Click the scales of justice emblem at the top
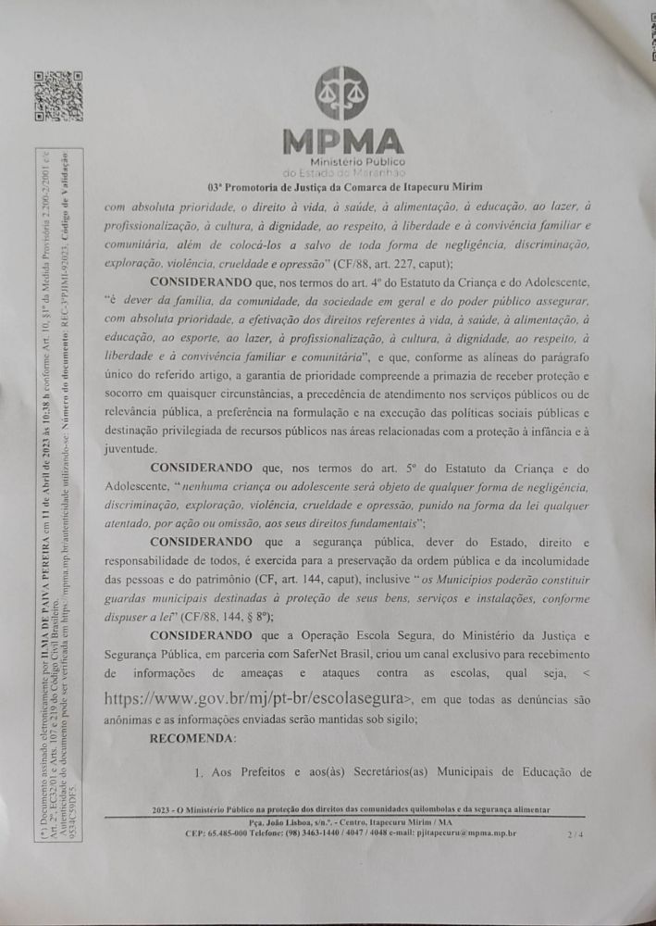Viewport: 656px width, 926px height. (x=340, y=94)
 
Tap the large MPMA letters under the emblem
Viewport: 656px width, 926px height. (x=343, y=142)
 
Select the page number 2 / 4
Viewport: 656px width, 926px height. (x=577, y=834)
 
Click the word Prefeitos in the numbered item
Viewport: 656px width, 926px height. (x=271, y=770)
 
